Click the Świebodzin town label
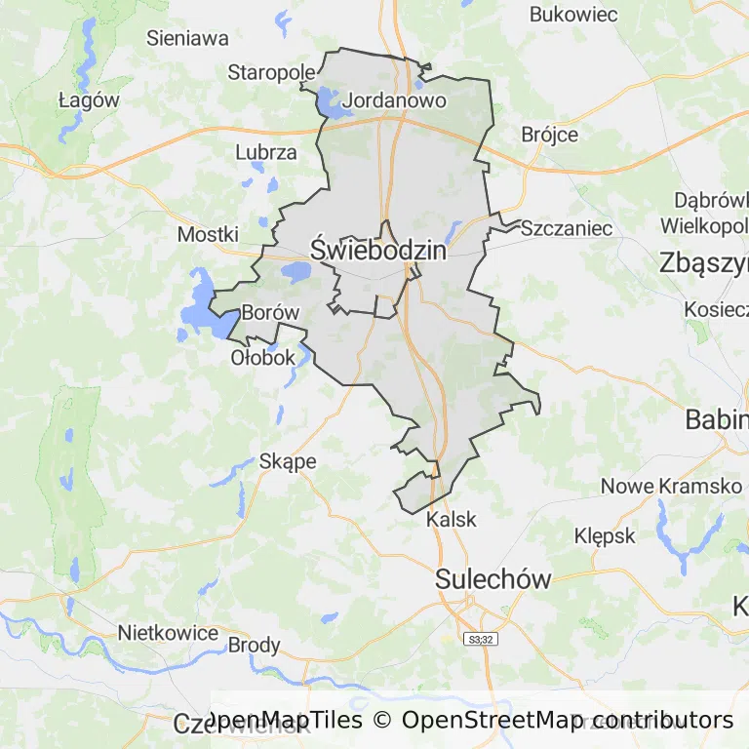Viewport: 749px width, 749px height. pos(378,251)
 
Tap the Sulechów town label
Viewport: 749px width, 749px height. pos(493,579)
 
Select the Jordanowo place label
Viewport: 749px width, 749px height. pos(395,100)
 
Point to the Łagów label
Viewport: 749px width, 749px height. pos(89,100)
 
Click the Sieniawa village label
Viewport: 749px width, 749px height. pos(187,39)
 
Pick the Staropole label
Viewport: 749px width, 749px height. pos(272,72)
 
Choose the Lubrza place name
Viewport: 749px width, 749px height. pos(266,152)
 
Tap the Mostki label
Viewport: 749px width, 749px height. pos(208,235)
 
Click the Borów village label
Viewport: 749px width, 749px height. pos(269,313)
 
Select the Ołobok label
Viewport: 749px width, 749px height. pos(262,357)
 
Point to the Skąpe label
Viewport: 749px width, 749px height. pos(288,461)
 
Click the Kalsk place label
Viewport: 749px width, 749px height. pos(452,519)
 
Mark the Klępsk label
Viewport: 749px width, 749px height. pos(605,535)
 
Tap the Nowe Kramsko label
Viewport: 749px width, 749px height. pos(671,486)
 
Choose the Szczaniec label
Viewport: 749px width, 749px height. pos(567,228)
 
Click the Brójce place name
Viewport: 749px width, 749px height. pos(550,135)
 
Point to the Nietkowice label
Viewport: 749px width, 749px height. pos(168,632)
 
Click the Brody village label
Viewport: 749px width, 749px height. pos(254,646)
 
